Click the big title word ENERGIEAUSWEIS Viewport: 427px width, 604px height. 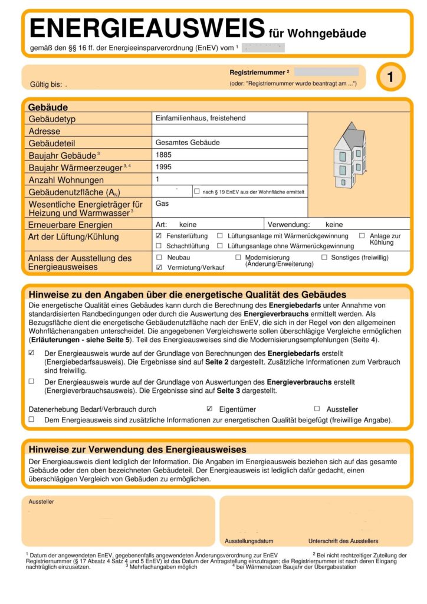[146, 28]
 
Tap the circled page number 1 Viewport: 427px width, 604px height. [390, 77]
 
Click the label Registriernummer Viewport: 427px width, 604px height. [258, 72]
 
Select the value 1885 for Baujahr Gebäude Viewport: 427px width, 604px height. [163, 155]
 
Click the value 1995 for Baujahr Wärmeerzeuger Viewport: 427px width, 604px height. [163, 167]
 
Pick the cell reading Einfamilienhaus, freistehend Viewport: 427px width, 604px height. [201, 118]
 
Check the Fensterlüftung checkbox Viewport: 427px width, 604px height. [159, 235]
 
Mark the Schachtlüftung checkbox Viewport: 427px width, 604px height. [159, 246]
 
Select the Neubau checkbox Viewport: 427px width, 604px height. [159, 258]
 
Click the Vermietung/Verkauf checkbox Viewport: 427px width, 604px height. [159, 267]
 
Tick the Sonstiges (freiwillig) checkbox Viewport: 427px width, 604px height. [324, 258]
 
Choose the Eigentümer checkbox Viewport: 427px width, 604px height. [209, 409]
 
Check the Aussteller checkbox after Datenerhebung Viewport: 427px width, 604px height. [317, 409]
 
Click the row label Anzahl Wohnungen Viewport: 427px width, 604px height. [66, 180]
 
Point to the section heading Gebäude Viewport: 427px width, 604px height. [48, 107]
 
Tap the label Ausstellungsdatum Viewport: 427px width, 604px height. [249, 541]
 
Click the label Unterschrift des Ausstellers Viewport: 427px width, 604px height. [343, 541]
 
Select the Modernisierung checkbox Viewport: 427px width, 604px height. [238, 258]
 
